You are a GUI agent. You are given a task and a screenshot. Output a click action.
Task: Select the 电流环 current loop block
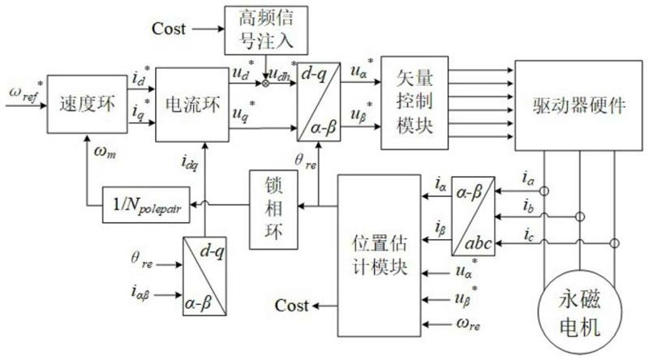point(187,105)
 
